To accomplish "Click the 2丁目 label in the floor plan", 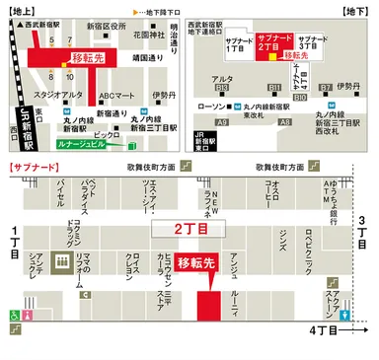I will point(188,228).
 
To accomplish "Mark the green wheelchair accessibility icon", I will point(15,315).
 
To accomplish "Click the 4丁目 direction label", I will point(325,329).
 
